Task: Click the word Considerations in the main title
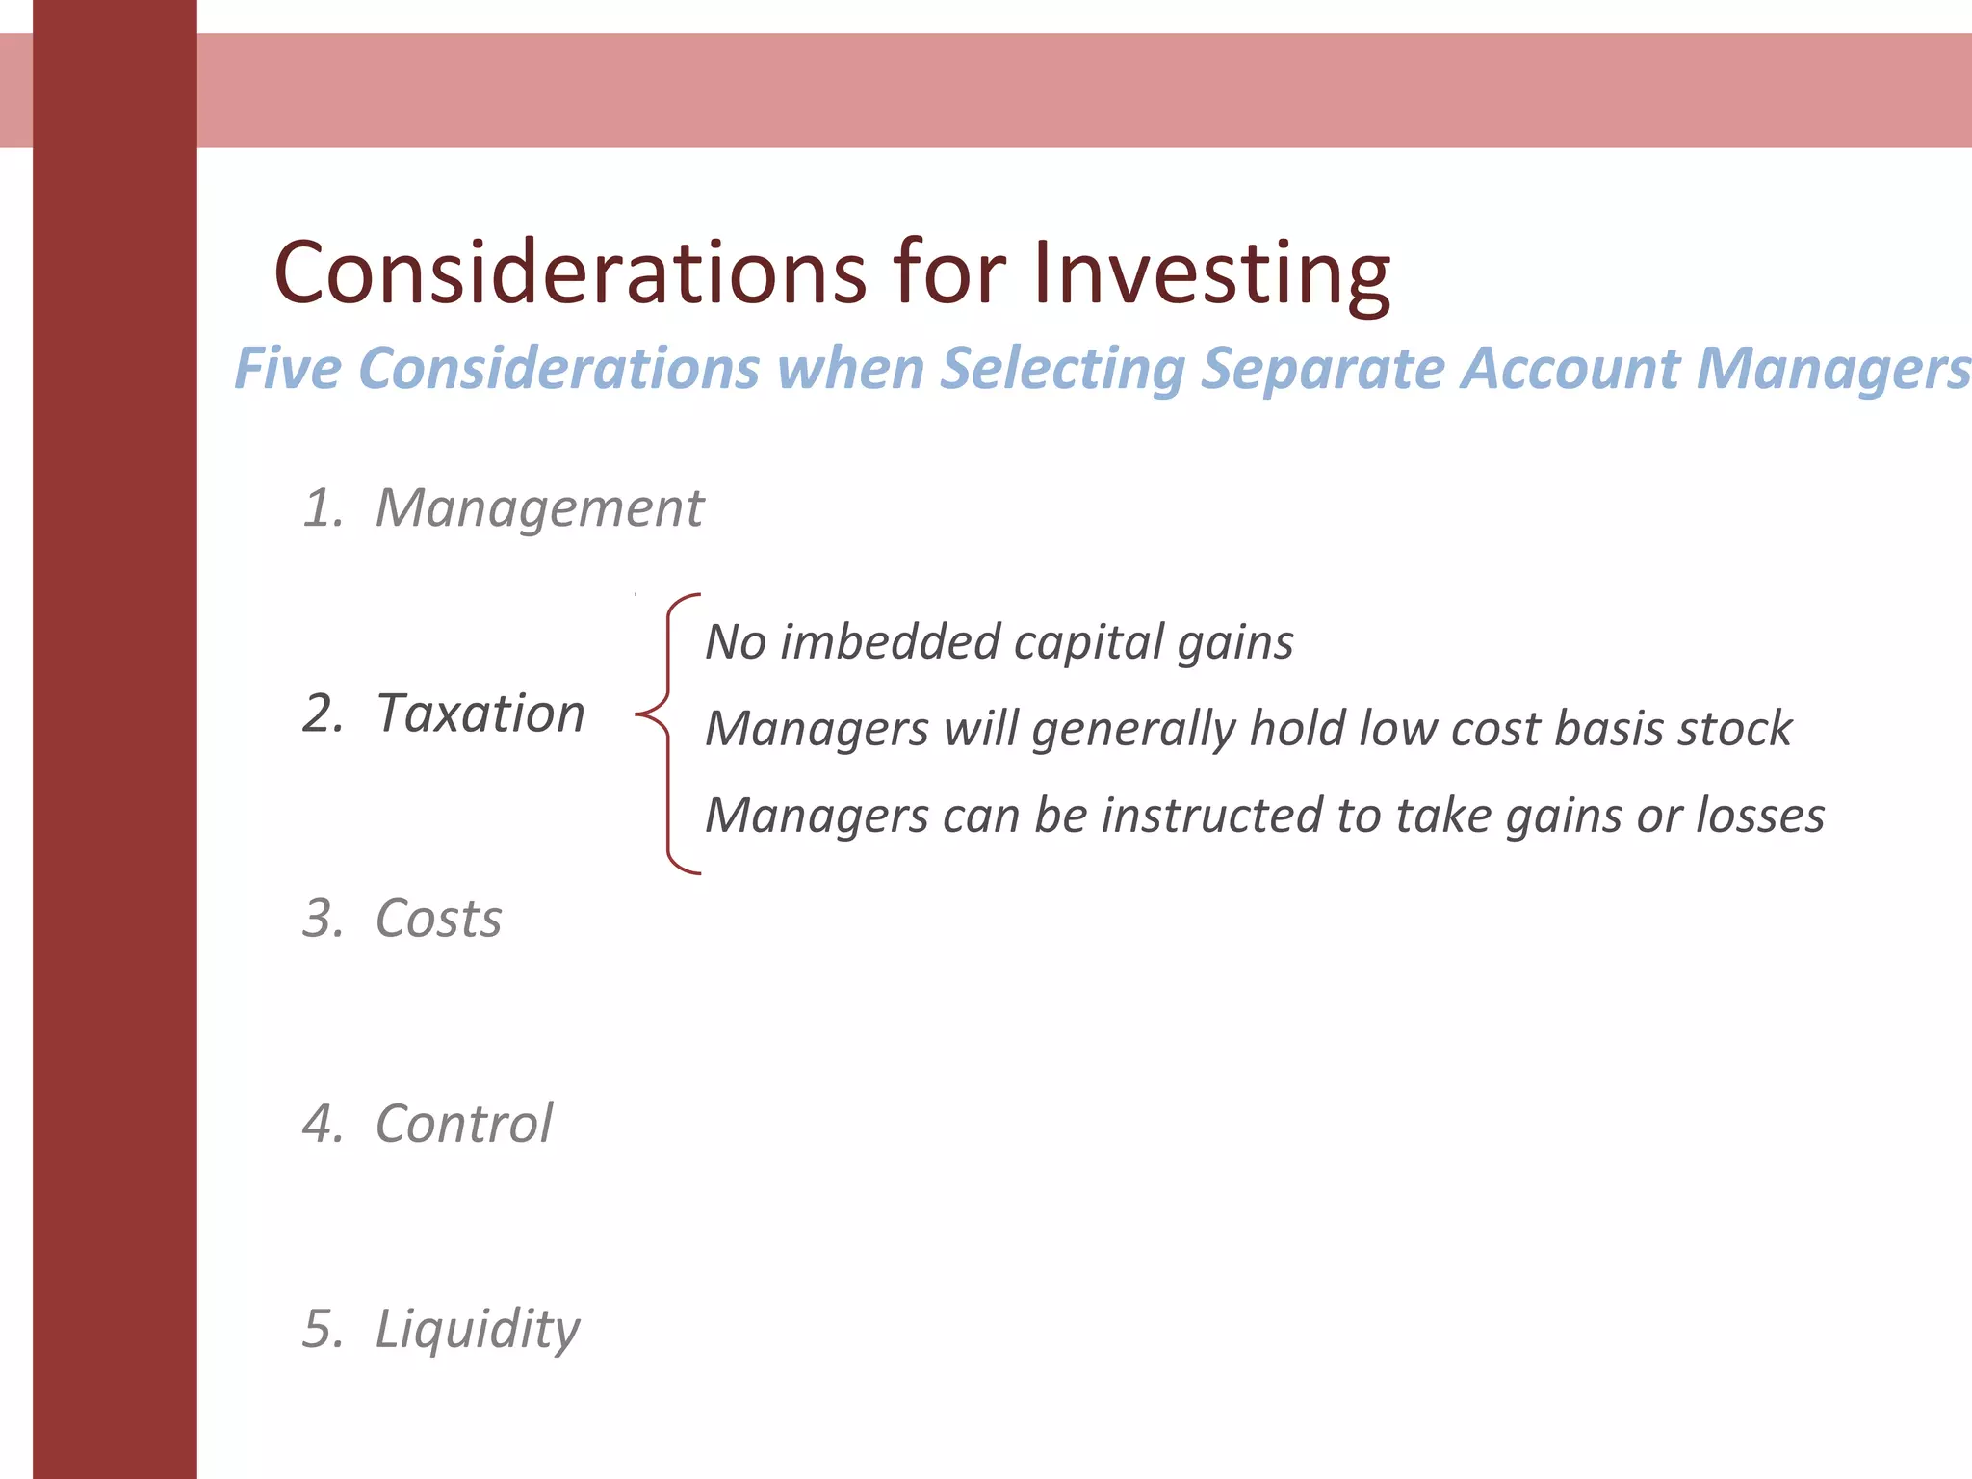pyautogui.click(x=571, y=273)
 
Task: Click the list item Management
pyautogui.click(x=539, y=508)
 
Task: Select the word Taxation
pyautogui.click(x=480, y=714)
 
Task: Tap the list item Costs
pyautogui.click(x=438, y=919)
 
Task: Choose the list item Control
pyautogui.click(x=464, y=1124)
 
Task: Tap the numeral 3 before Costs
pyautogui.click(x=322, y=919)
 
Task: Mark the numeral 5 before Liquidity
pyautogui.click(x=322, y=1329)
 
